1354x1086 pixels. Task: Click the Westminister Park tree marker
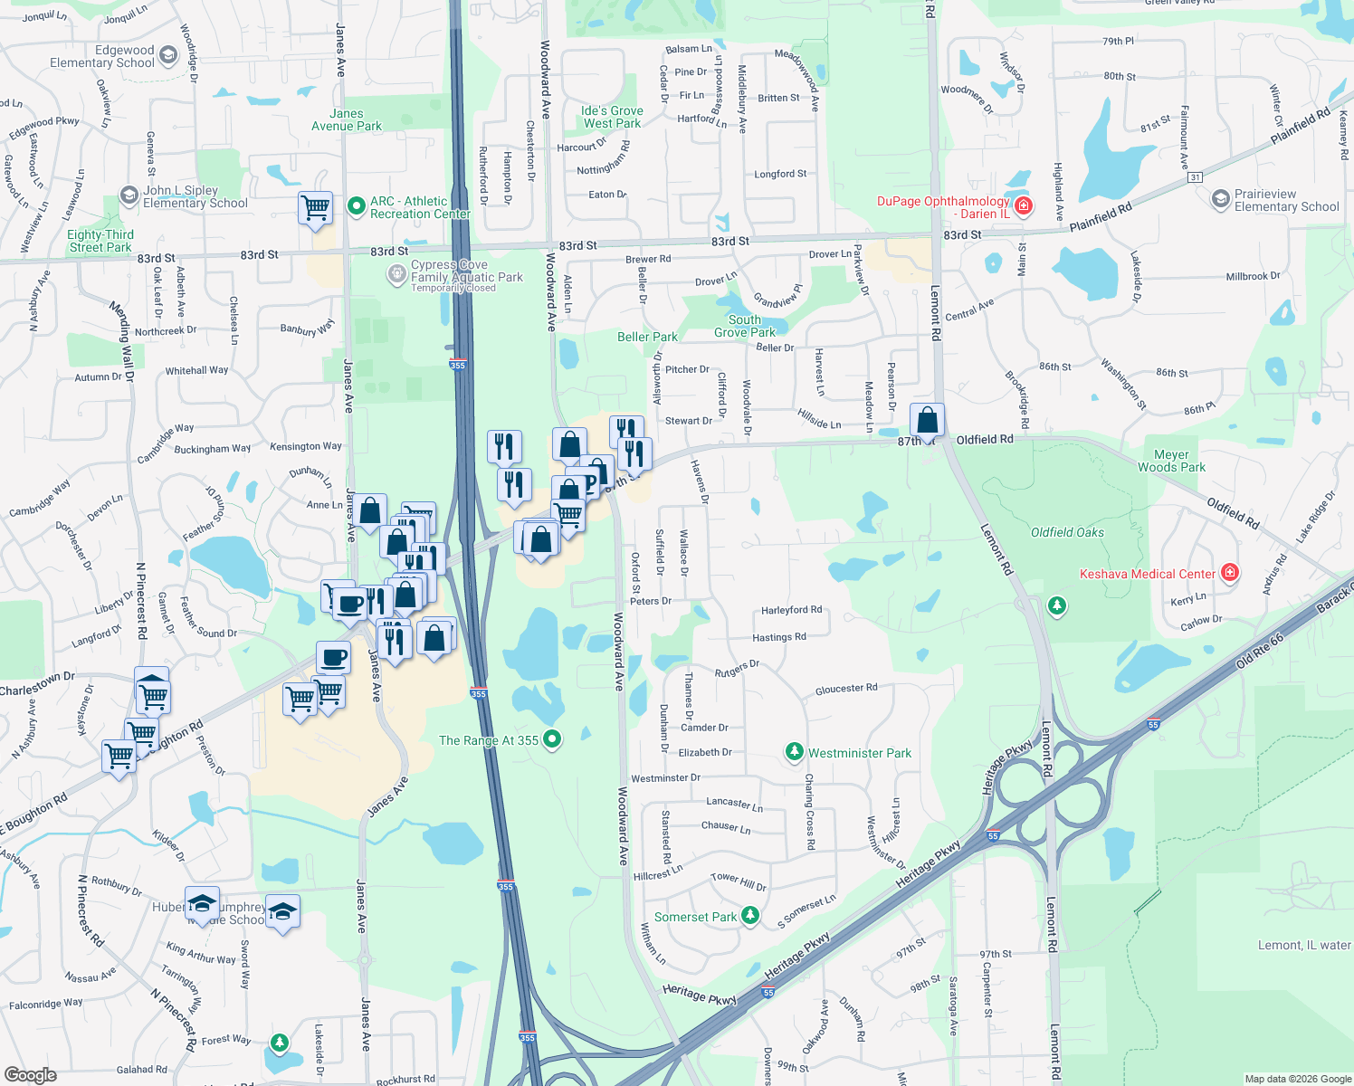794,752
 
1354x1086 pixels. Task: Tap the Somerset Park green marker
750,916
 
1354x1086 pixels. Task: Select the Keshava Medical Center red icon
1229,573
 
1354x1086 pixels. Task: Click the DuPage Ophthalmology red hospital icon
1024,206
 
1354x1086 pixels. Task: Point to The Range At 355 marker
551,739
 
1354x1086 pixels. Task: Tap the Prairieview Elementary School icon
1221,198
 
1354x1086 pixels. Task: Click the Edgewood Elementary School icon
168,56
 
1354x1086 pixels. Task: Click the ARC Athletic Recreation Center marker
357,207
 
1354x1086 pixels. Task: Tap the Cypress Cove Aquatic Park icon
396,273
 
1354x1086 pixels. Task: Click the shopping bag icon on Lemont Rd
927,420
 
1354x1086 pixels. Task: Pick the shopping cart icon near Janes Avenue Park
315,207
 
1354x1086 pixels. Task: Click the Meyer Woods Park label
1171,462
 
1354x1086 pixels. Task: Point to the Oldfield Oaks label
1067,532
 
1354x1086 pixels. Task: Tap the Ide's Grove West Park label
612,117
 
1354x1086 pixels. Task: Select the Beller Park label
647,337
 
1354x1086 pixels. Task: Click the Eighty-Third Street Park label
100,241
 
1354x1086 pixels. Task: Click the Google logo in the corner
30,1075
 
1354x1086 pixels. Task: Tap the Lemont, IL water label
1303,945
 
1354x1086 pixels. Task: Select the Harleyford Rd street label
791,610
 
